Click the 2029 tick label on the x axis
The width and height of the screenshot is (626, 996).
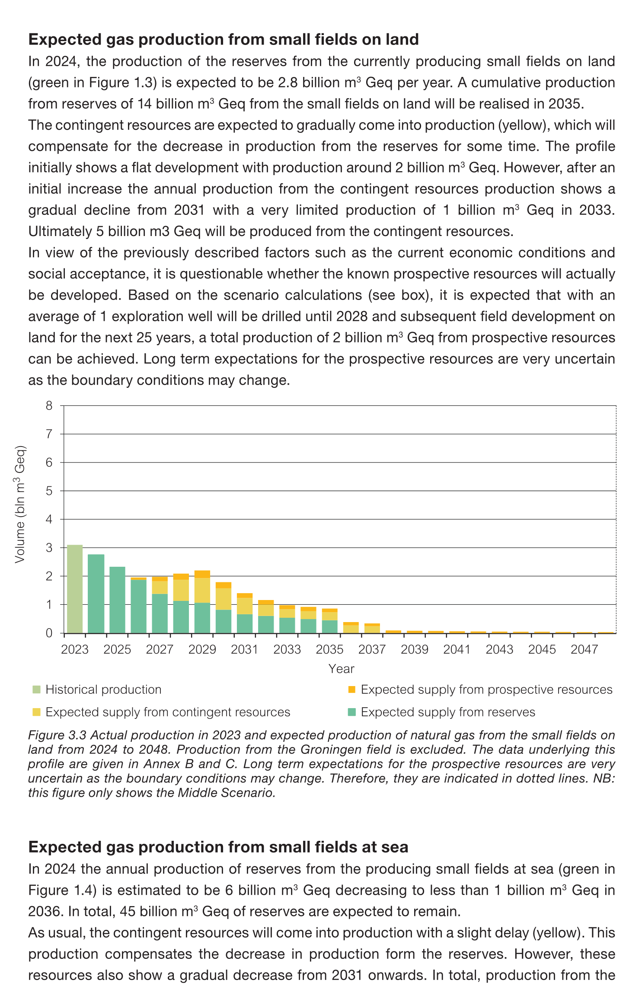click(202, 650)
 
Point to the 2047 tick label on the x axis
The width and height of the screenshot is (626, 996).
click(584, 650)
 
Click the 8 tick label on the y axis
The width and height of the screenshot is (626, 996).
click(49, 405)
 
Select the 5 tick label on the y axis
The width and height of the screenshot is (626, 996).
click(49, 491)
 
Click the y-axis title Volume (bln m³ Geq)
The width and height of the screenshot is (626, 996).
click(20, 504)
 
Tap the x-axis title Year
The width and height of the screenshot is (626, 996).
click(341, 669)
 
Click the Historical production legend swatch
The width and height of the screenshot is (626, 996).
click(36, 690)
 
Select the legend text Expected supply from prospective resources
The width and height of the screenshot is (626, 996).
click(486, 690)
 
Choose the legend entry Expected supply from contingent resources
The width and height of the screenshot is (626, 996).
click(168, 712)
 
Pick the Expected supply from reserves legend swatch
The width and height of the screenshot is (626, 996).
click(351, 712)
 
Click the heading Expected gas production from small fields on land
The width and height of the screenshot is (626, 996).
click(224, 39)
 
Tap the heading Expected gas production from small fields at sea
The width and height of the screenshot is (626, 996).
click(218, 847)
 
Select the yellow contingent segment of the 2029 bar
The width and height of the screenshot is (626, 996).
click(202, 590)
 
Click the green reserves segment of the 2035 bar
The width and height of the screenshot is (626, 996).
click(329, 626)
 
